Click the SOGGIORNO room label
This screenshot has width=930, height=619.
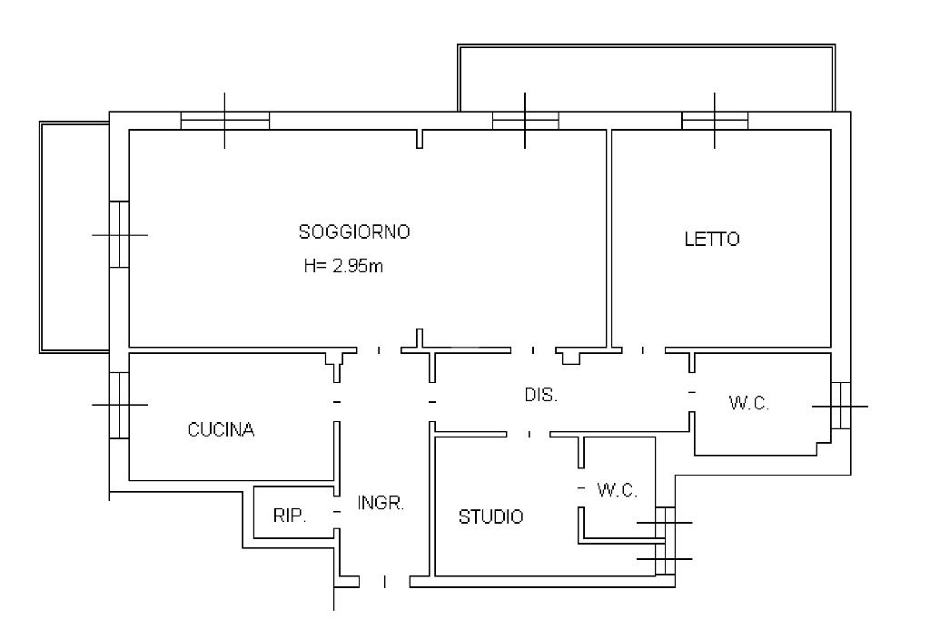354,232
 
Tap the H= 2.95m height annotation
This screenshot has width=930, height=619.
344,267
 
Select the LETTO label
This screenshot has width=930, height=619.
712,240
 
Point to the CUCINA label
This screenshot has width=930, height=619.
221,430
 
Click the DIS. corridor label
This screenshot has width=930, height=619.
540,396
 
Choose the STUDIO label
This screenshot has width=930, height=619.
490,517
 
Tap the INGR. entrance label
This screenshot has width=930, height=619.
381,502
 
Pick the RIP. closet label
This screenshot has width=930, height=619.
290,516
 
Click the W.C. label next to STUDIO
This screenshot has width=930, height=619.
618,491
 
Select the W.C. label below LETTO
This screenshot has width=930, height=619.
749,404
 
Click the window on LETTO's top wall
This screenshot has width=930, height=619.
715,120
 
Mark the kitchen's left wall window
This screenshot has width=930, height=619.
119,405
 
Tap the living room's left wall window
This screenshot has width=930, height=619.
119,233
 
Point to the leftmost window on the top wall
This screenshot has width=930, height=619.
225,120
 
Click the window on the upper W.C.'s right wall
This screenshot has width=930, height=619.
841,405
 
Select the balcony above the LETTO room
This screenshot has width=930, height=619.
646,78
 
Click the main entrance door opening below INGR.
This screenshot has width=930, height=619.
385,582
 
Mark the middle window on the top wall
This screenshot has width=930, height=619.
525,120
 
